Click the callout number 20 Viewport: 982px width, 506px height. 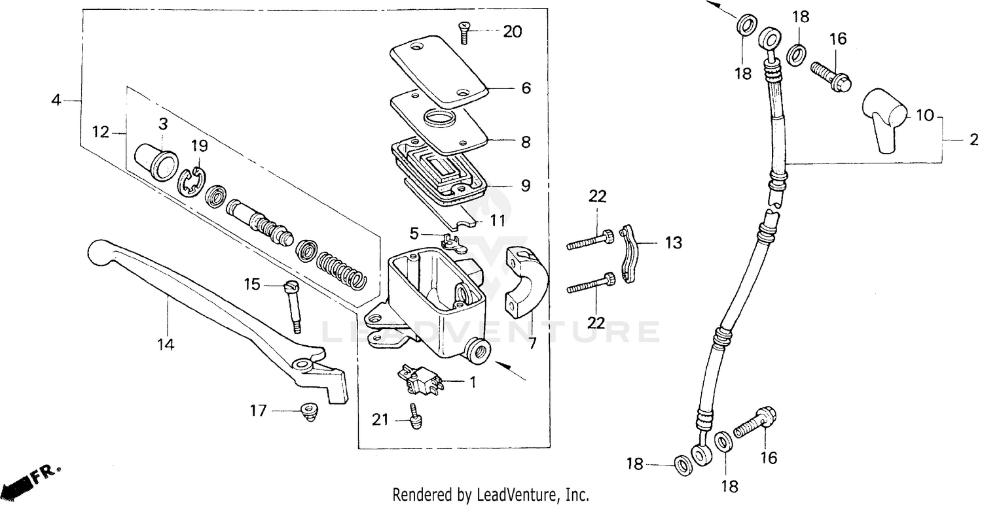pyautogui.click(x=513, y=31)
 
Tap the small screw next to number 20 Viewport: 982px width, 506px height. pyautogui.click(x=464, y=32)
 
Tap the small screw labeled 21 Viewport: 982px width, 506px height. pyautogui.click(x=414, y=417)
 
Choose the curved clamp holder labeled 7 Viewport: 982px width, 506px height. pyautogui.click(x=526, y=278)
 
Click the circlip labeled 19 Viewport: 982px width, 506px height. pyautogui.click(x=192, y=182)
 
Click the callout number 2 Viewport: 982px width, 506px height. pyautogui.click(x=973, y=139)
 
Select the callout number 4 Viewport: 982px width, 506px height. pyautogui.click(x=56, y=100)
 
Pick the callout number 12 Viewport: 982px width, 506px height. pyautogui.click(x=100, y=132)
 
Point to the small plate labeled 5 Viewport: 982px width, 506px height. pyautogui.click(x=452, y=244)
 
